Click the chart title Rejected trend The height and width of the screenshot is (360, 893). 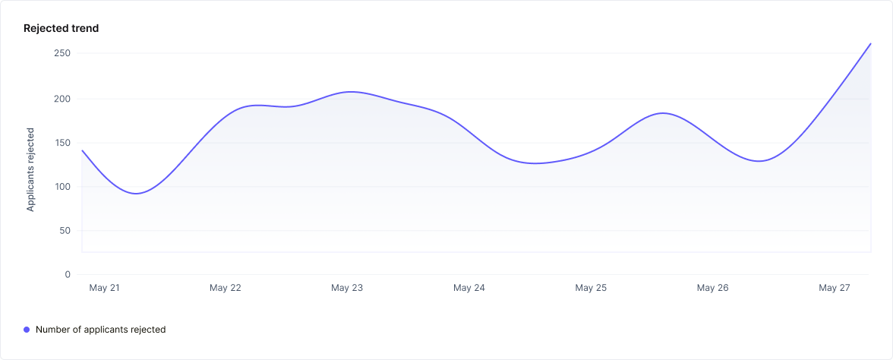tap(62, 28)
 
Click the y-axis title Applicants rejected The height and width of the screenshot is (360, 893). tap(30, 169)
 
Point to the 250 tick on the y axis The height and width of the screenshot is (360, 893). tap(62, 53)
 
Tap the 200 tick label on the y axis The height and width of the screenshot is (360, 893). tap(62, 99)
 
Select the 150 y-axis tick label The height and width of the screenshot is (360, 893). tap(62, 143)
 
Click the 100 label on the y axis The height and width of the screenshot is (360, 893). tap(62, 187)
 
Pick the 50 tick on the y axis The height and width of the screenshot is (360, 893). tap(65, 231)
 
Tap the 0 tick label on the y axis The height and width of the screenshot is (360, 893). tap(68, 275)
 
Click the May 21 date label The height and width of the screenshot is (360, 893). tap(104, 289)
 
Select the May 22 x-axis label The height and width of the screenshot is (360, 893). tap(226, 289)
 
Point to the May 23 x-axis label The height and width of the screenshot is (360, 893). tap(347, 289)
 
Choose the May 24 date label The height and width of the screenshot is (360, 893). tap(469, 289)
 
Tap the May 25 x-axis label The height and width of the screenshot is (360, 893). tap(591, 289)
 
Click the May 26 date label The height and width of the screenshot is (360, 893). tap(712, 289)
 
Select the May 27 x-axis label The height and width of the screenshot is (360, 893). tap(834, 289)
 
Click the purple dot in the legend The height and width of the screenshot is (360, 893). tap(27, 330)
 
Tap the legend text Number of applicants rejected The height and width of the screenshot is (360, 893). tap(100, 330)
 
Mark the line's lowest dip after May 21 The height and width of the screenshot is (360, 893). tap(136, 194)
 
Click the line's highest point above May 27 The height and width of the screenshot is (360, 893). tap(870, 43)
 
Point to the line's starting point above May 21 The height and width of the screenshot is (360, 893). tap(82, 150)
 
